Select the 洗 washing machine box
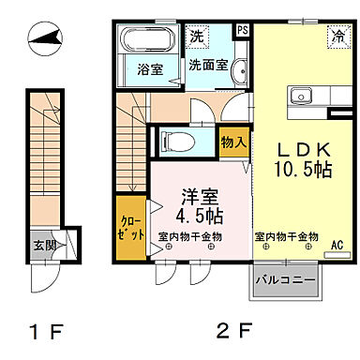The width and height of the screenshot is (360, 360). (x=198, y=37)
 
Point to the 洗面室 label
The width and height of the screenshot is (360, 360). (x=207, y=67)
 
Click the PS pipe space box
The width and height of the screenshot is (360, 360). (x=243, y=30)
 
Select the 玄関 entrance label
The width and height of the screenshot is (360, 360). (x=44, y=246)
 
